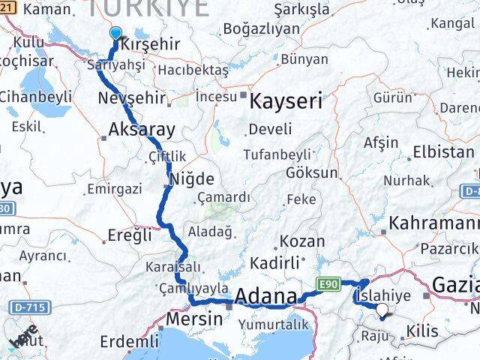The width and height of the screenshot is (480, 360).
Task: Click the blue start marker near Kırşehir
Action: (115, 33)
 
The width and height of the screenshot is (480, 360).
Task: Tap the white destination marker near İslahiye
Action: (382, 309)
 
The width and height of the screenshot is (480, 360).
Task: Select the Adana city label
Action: (265, 297)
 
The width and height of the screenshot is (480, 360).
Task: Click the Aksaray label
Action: (142, 129)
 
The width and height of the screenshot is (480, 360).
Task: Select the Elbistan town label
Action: (443, 151)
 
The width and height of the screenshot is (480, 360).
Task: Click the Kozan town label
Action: (302, 241)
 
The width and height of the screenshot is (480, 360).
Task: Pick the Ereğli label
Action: (130, 234)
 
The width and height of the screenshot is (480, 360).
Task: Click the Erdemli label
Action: (130, 342)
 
